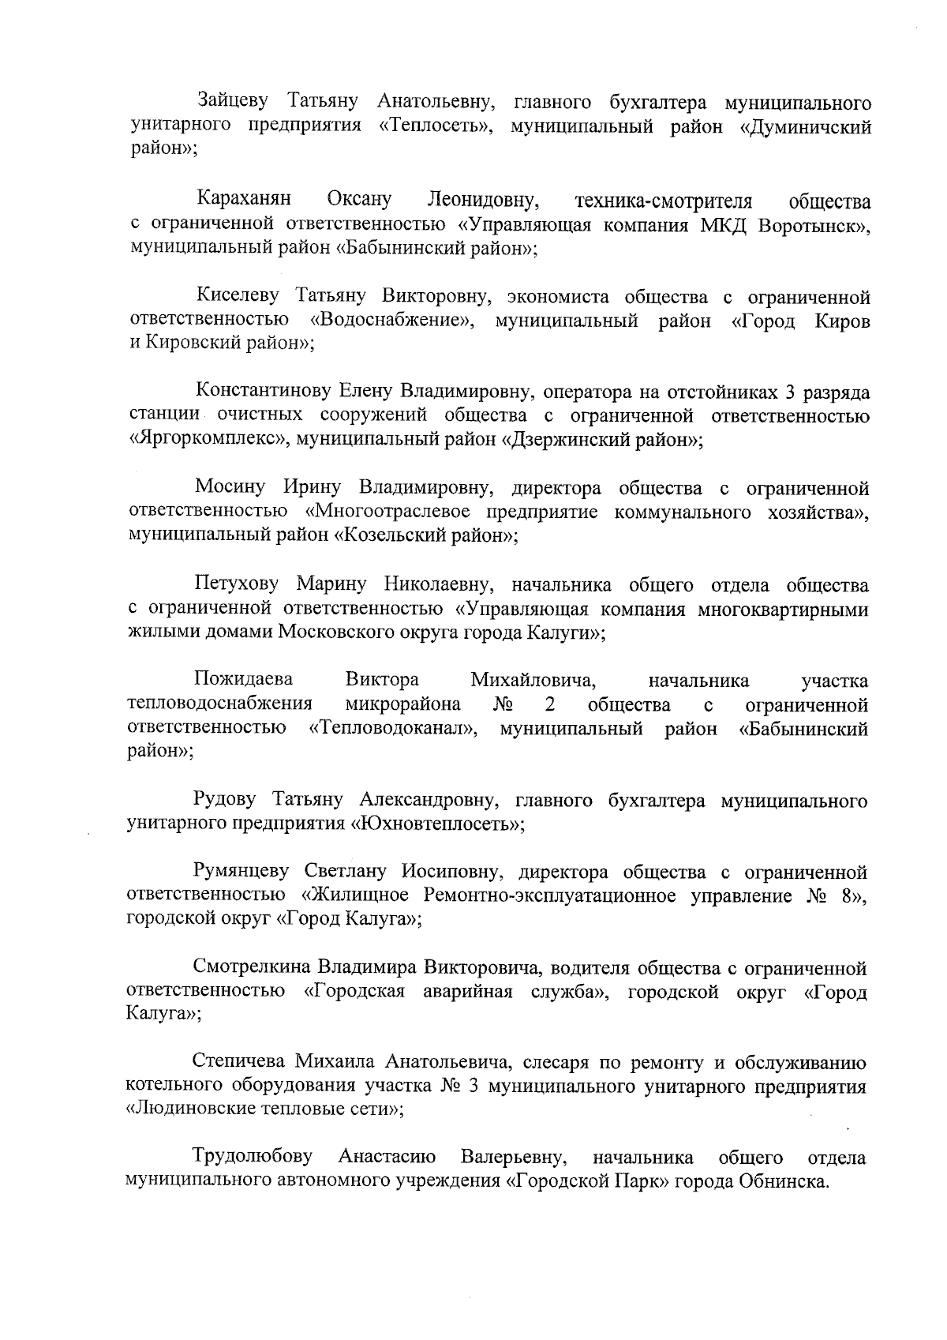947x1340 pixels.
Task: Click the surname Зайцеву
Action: point(234,103)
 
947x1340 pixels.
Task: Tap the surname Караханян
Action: point(244,200)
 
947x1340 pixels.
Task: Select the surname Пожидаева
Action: point(243,680)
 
